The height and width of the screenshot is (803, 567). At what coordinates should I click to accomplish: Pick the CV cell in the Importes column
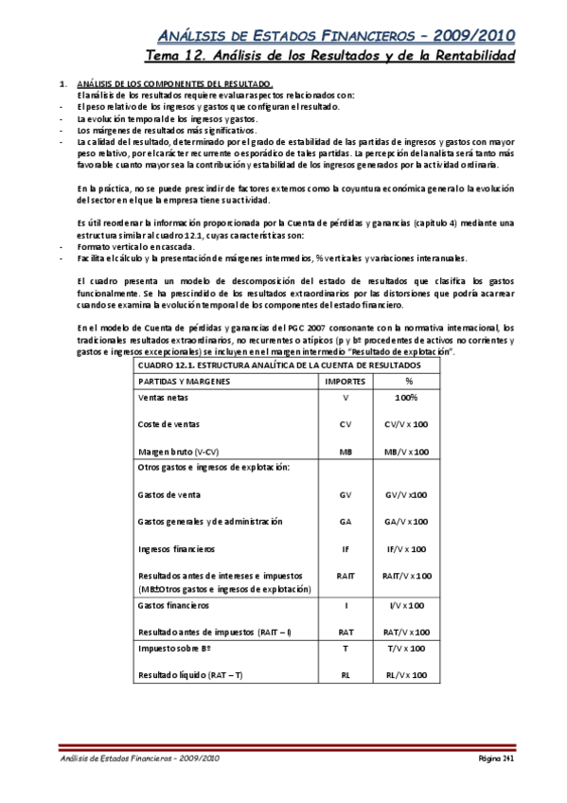(x=345, y=424)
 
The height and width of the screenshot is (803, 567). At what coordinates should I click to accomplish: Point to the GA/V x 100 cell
(x=406, y=521)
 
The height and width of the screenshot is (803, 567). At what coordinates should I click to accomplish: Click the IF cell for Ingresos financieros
(x=345, y=548)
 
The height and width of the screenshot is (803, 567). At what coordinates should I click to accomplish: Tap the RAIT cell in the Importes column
(x=345, y=575)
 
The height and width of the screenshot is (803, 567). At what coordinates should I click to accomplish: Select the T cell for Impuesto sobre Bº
(x=345, y=649)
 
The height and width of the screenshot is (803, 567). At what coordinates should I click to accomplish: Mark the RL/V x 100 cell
(x=406, y=675)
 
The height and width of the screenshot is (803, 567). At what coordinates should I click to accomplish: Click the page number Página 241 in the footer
(x=494, y=759)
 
